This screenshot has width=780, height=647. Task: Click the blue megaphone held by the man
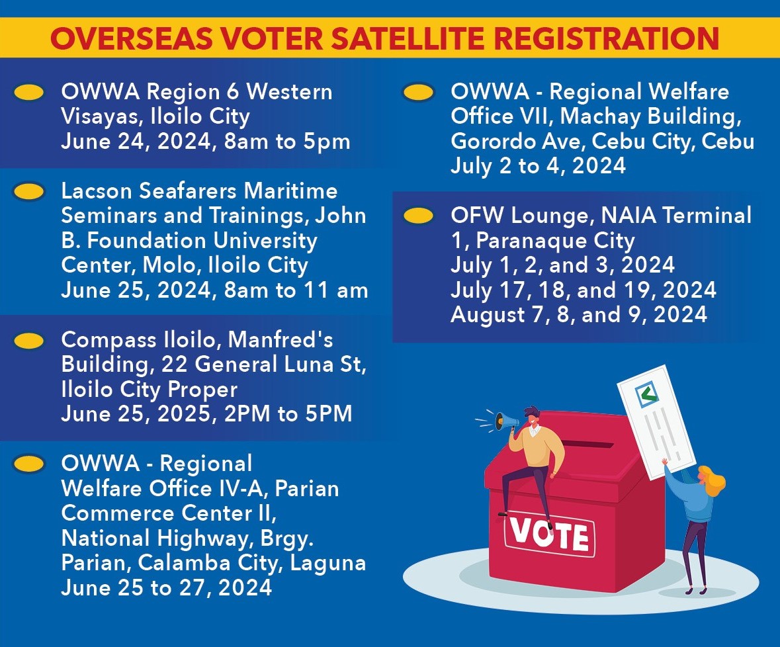coord(505,422)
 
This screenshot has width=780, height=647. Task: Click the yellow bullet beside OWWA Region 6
coord(29,93)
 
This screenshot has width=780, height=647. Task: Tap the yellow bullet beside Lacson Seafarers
coord(29,191)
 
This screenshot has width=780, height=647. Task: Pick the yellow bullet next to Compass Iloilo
coord(29,341)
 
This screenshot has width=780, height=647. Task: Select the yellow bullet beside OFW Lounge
coord(418,216)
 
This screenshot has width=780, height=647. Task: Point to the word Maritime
coord(290,191)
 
